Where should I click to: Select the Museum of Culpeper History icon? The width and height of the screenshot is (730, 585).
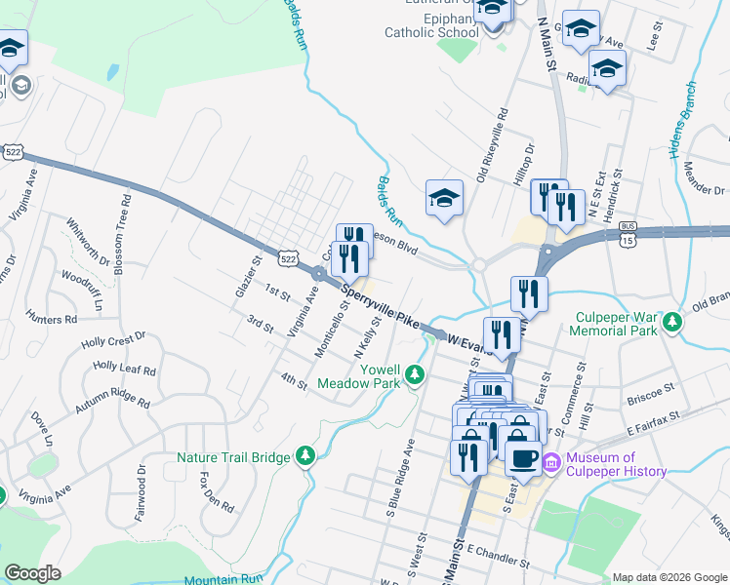[x=550, y=464]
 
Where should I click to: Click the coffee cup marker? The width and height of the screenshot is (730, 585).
[x=523, y=457]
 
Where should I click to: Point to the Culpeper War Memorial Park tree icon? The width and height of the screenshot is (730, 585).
[x=670, y=321]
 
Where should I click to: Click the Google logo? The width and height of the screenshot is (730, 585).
[x=33, y=572]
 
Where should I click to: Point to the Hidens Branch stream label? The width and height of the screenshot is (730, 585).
[x=684, y=122]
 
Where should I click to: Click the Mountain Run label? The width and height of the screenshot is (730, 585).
[x=224, y=579]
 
